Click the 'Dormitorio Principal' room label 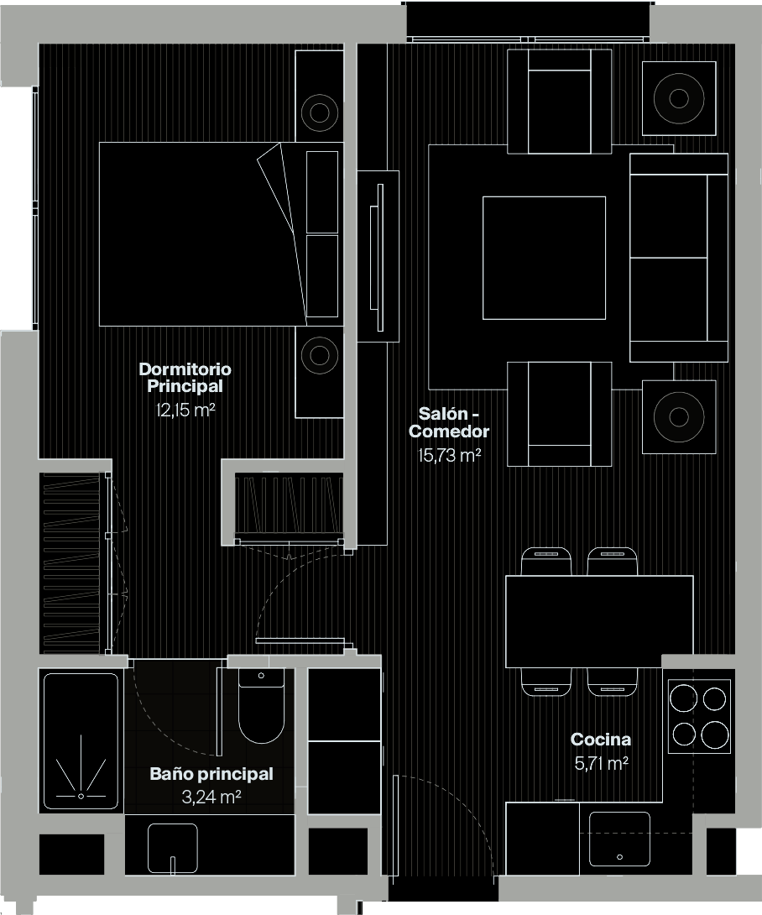click(x=185, y=378)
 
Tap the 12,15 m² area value click(x=185, y=410)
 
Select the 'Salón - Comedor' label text click(x=449, y=422)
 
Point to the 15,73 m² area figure click(x=449, y=456)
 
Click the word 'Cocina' click(x=600, y=740)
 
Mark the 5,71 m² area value click(x=600, y=763)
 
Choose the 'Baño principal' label click(x=211, y=774)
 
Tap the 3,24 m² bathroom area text click(x=211, y=797)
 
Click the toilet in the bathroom click(x=261, y=709)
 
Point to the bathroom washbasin click(x=172, y=848)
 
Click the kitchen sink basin click(x=619, y=838)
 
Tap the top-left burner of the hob click(x=685, y=698)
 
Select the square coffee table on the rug click(x=544, y=258)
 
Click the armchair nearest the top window click(x=560, y=101)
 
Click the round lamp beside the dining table click(x=678, y=416)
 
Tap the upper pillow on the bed click(x=322, y=191)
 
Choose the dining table click(x=599, y=621)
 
